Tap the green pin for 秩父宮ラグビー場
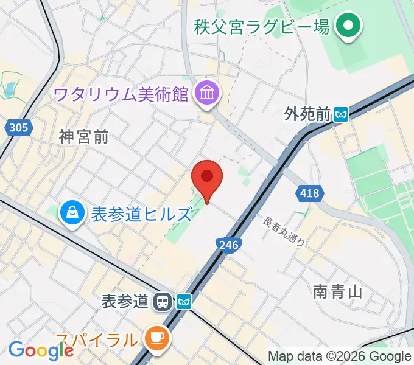[349, 27]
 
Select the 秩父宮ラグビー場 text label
[262, 27]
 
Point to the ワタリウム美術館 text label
[122, 94]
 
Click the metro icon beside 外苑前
[341, 113]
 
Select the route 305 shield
[18, 127]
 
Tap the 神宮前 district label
[85, 137]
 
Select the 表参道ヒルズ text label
[141, 214]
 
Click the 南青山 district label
[338, 292]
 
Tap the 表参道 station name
[125, 301]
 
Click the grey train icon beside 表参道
[162, 301]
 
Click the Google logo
[41, 350]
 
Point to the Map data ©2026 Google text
[340, 356]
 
